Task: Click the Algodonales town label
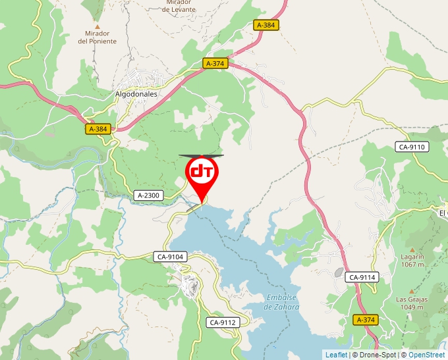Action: [136, 94]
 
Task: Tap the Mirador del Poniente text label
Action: [97, 37]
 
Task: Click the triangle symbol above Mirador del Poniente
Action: [98, 26]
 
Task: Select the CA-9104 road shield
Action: [171, 257]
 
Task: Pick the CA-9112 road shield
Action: [222, 322]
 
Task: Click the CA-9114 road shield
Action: [362, 278]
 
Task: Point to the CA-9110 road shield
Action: [412, 147]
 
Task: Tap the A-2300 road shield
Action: [149, 195]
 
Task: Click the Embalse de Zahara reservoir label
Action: [282, 303]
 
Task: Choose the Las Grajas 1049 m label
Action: [412, 303]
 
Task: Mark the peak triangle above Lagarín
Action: [412, 248]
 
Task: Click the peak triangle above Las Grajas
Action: [412, 291]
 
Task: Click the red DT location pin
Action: [202, 172]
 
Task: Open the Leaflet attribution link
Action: [336, 355]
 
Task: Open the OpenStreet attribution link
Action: [426, 355]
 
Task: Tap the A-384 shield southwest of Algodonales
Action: [98, 130]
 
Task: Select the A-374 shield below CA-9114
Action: [366, 320]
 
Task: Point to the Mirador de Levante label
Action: [179, 6]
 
